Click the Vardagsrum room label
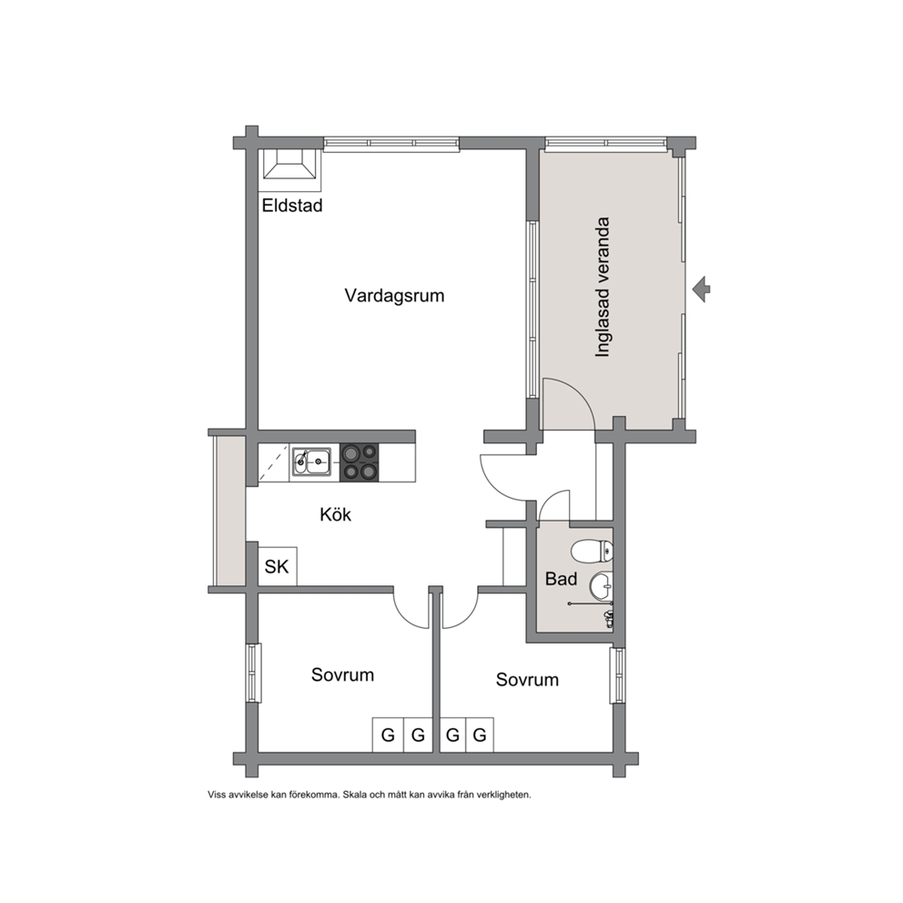point(394,296)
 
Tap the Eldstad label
point(292,206)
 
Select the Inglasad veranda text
point(603,287)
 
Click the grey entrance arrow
point(701,289)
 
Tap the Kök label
point(335,514)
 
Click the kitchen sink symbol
point(311,462)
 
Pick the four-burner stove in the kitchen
point(360,462)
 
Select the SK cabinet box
point(278,566)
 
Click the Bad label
point(561,579)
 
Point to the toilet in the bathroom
point(592,551)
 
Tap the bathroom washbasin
point(601,586)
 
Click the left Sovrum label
point(342,675)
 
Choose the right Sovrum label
point(527,680)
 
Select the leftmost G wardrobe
point(388,735)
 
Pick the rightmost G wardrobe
point(479,735)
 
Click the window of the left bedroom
point(253,673)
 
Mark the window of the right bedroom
point(617,675)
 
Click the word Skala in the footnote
point(355,795)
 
